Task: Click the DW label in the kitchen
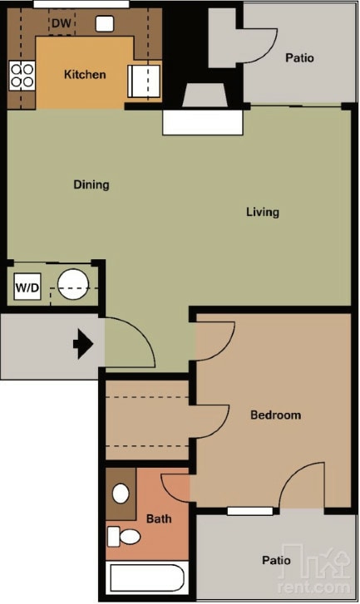(62, 23)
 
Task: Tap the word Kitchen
(85, 75)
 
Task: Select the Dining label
(91, 184)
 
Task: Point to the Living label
(262, 212)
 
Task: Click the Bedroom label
(275, 415)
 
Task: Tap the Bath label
(159, 519)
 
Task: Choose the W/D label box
(27, 288)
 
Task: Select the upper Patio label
(299, 58)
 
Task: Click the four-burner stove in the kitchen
(22, 76)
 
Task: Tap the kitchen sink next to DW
(105, 23)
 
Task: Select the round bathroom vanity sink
(121, 494)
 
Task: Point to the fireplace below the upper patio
(203, 108)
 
